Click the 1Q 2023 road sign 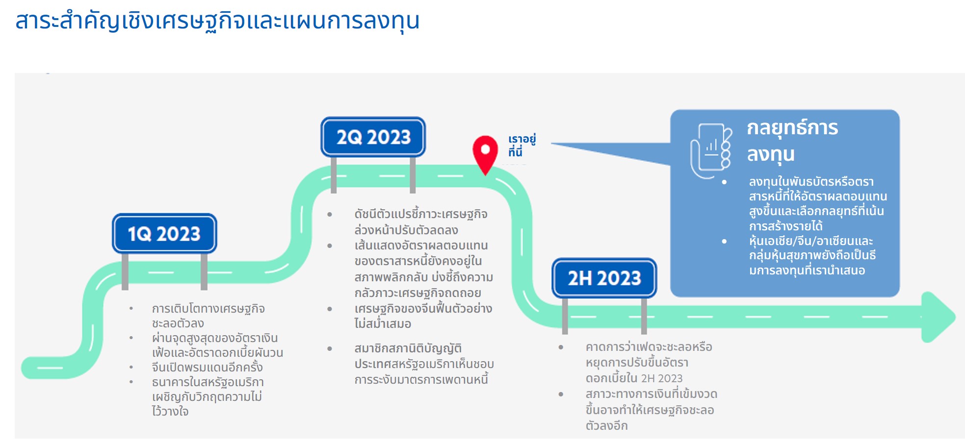(164, 233)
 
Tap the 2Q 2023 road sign (373, 137)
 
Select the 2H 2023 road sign (604, 278)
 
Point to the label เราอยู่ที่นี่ (522, 146)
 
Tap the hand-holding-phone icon (711, 151)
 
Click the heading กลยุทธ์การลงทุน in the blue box (792, 141)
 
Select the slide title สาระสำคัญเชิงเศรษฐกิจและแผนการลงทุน (217, 21)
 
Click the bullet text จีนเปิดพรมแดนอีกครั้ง (207, 367)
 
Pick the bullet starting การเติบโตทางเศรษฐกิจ (208, 316)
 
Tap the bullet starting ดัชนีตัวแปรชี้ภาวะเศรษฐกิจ (421, 222)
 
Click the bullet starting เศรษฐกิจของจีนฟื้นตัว (423, 316)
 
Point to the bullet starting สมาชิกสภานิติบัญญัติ (424, 364)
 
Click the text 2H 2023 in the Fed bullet (662, 378)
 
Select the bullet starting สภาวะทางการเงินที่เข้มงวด (651, 410)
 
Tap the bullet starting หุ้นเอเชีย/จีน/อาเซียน (812, 255)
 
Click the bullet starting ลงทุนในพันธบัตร (818, 203)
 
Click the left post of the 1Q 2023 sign (125, 271)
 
